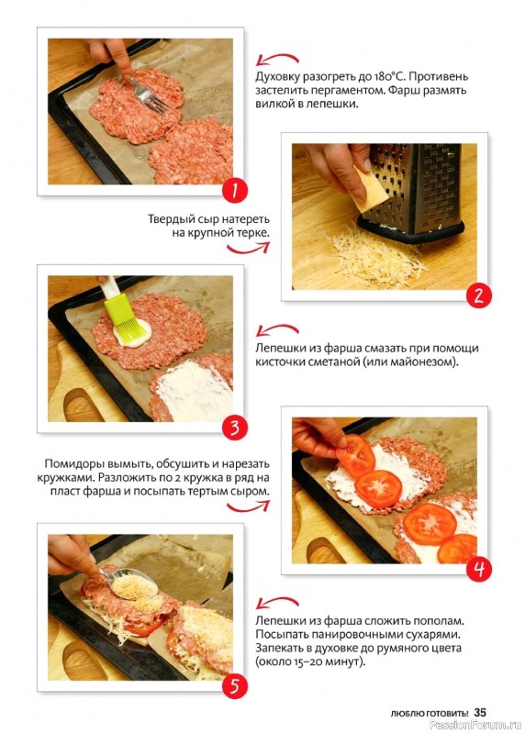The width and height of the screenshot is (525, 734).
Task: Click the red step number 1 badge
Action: [x=234, y=191]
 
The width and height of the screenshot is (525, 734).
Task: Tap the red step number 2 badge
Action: [x=478, y=295]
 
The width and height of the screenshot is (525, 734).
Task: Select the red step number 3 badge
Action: [x=234, y=428]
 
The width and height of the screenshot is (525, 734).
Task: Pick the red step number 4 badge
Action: [x=478, y=569]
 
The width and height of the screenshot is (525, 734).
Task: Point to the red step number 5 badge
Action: [x=234, y=686]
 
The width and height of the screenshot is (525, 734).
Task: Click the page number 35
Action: [x=480, y=713]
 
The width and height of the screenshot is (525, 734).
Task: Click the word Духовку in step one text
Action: [x=277, y=77]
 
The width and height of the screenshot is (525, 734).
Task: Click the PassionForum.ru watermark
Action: [x=475, y=725]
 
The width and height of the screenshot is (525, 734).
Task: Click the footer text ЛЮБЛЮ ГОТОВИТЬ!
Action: [x=429, y=714]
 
